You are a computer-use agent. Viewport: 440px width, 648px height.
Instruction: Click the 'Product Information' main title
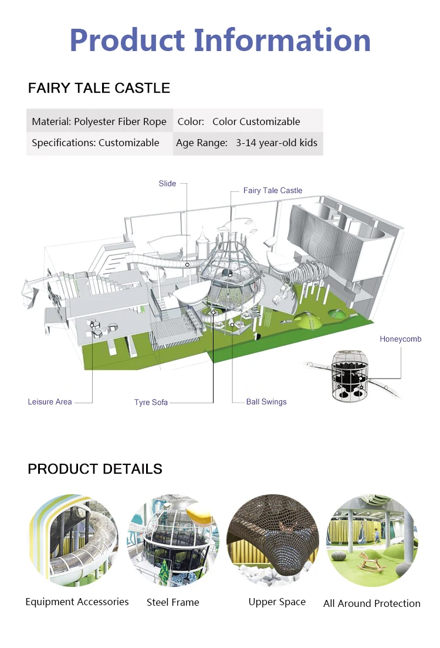pyautogui.click(x=220, y=40)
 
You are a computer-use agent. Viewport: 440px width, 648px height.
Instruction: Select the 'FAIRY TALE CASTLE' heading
pyautogui.click(x=99, y=89)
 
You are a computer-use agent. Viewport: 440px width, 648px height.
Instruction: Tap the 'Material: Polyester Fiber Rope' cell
pyautogui.click(x=99, y=122)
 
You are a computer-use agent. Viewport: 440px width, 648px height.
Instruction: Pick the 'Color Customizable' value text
pyautogui.click(x=256, y=122)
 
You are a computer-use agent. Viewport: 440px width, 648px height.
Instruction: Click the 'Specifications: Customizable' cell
pyautogui.click(x=96, y=143)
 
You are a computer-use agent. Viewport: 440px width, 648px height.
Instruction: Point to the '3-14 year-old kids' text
pyautogui.click(x=276, y=143)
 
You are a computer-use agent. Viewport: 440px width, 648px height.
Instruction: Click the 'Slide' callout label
pyautogui.click(x=167, y=184)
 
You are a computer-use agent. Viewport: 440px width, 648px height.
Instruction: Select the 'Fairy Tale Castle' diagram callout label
pyautogui.click(x=273, y=191)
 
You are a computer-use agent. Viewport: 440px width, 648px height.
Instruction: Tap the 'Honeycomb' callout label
pyautogui.click(x=400, y=339)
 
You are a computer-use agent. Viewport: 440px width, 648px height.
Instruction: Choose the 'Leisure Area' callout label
pyautogui.click(x=50, y=402)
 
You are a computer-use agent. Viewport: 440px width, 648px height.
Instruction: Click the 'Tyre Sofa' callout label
pyautogui.click(x=151, y=402)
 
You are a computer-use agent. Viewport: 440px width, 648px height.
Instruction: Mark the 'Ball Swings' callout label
pyautogui.click(x=266, y=402)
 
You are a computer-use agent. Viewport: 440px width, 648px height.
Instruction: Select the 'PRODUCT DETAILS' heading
pyautogui.click(x=95, y=469)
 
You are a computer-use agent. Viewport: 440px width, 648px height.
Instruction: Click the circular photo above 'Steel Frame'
pyautogui.click(x=174, y=540)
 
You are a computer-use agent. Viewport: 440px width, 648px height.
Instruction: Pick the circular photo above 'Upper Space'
pyautogui.click(x=273, y=540)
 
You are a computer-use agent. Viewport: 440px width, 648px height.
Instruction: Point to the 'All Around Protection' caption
pyautogui.click(x=372, y=603)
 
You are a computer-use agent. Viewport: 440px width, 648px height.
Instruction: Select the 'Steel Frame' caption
pyautogui.click(x=173, y=602)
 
